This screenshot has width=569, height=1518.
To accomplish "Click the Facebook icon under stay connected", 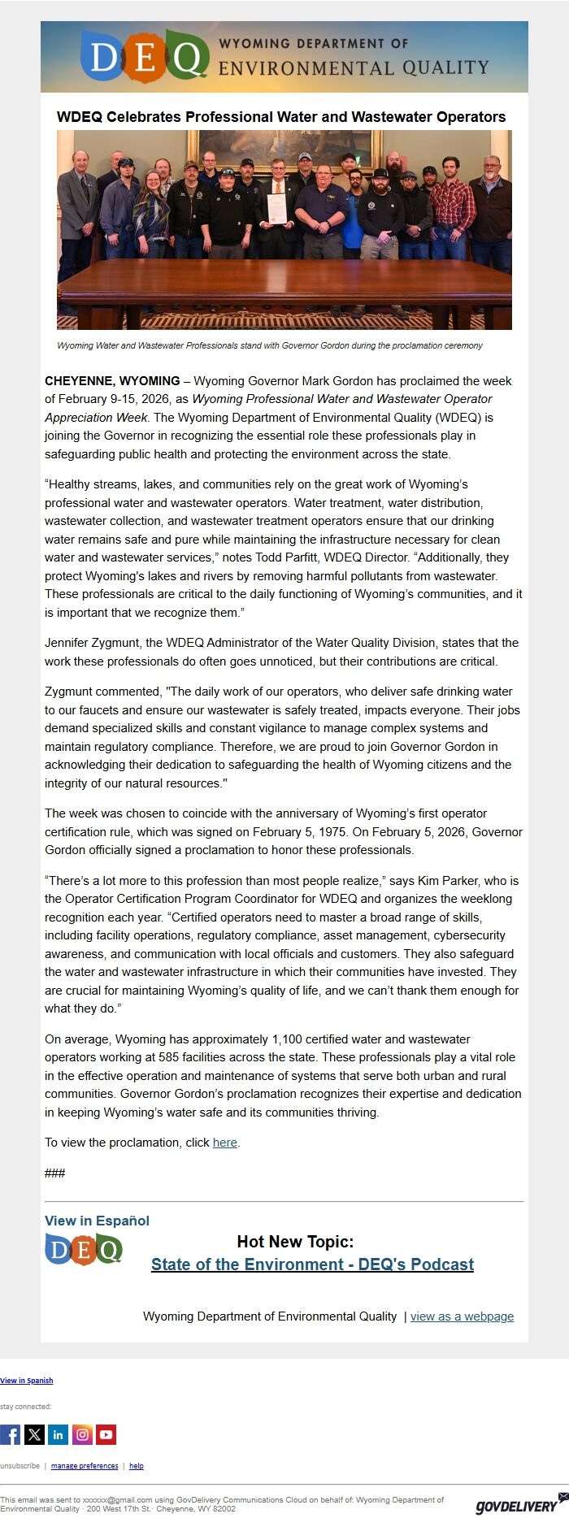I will [10, 1434].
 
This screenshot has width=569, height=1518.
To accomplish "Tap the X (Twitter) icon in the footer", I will [34, 1434].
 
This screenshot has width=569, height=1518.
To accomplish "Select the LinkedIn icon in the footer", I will [59, 1434].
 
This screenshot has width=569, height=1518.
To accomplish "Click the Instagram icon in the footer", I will [82, 1434].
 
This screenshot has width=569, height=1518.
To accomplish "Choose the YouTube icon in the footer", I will [106, 1434].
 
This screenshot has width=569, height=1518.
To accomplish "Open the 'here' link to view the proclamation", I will [224, 1143].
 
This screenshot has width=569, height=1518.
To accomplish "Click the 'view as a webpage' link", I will [462, 1316].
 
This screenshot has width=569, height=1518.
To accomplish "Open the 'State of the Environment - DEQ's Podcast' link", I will [312, 1264].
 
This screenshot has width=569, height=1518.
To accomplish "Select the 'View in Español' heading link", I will [97, 1221].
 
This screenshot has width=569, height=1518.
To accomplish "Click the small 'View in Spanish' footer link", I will [27, 1380].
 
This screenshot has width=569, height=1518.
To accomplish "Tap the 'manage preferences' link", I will [85, 1465].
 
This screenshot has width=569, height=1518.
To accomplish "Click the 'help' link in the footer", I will [137, 1465].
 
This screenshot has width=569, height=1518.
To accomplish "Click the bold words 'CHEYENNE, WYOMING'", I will [112, 380].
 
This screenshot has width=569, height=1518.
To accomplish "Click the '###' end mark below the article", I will [55, 1173].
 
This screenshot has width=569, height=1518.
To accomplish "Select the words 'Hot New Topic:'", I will [295, 1241].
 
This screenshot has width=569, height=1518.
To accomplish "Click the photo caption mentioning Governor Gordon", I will [269, 345].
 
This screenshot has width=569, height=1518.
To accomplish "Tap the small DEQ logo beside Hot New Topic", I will [84, 1249].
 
